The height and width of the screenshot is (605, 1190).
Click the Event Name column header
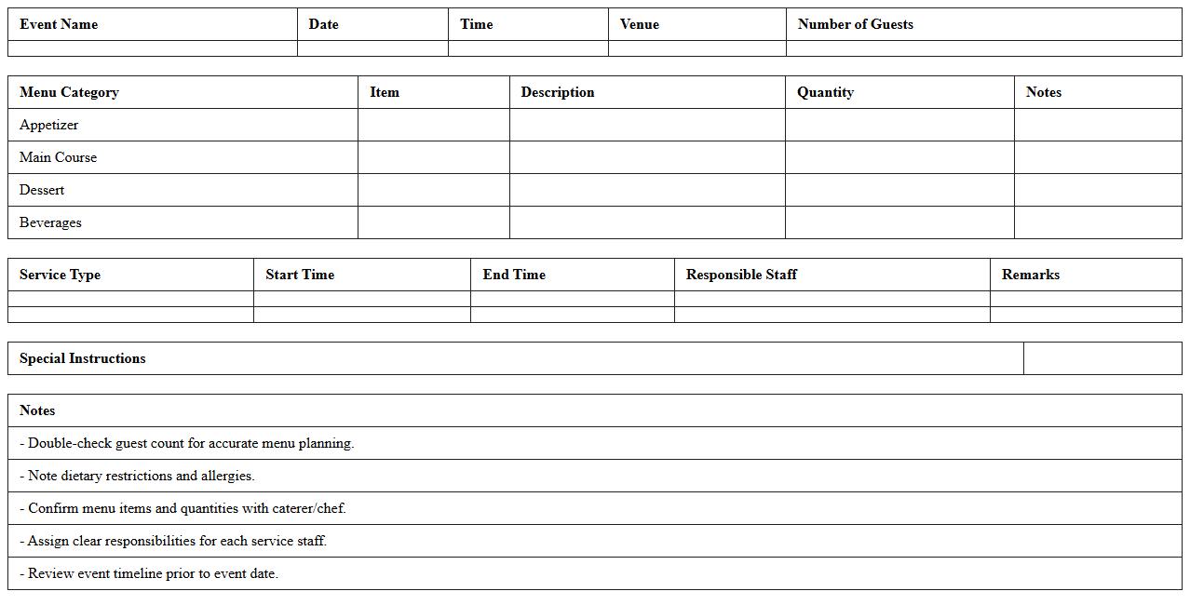(59, 24)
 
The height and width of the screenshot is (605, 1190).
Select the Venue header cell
(640, 24)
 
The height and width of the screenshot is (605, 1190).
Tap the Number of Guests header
(855, 24)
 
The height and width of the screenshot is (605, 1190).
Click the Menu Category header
(69, 92)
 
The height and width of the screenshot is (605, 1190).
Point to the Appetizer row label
(49, 125)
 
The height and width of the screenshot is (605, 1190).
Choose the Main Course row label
(58, 157)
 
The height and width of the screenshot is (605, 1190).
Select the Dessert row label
(42, 190)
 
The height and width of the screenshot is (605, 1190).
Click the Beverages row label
(50, 222)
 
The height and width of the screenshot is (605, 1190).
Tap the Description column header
(558, 92)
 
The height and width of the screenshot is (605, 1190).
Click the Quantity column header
(825, 92)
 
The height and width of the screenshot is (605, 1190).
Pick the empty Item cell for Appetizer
(434, 125)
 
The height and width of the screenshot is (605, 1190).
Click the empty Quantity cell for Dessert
(899, 190)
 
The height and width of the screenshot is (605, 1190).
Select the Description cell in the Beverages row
(647, 222)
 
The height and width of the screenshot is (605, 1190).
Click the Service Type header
(60, 275)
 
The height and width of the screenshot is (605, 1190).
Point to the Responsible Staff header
(741, 275)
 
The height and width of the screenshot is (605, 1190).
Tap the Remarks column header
(1031, 275)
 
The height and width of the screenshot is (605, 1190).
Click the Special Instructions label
(83, 358)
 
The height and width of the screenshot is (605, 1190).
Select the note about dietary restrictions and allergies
(137, 476)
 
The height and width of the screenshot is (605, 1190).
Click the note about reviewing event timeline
(149, 573)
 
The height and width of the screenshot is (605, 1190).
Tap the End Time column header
(514, 275)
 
